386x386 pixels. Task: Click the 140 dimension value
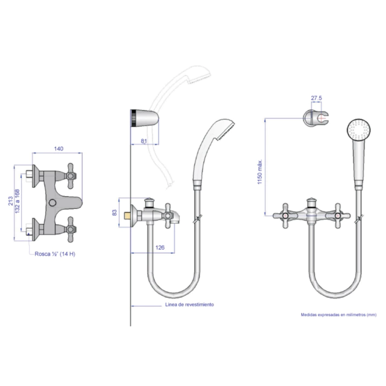pos(59,149)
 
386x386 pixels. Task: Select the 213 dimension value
pos(10,201)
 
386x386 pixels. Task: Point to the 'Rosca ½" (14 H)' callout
pos(55,254)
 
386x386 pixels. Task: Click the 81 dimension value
pos(144,141)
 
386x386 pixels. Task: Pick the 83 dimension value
pos(115,213)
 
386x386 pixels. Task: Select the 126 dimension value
pos(160,247)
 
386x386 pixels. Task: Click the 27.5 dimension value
pos(316,98)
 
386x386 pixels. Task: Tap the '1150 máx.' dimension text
pos(260,171)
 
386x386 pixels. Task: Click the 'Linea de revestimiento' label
pos(189,305)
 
